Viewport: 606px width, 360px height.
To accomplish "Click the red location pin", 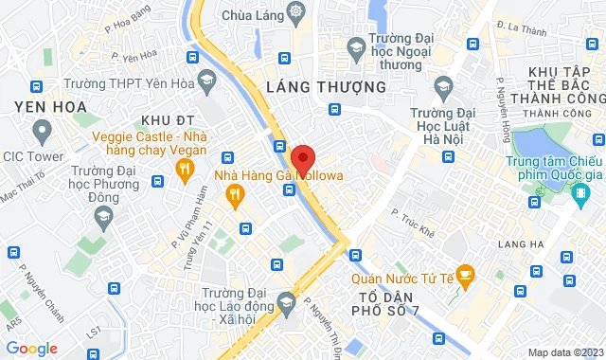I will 302,158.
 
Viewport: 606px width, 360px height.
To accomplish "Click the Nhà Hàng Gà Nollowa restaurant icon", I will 234,195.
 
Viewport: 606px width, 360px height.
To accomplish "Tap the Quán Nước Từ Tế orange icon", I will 464,277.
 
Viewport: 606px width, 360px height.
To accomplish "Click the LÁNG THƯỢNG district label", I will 326,87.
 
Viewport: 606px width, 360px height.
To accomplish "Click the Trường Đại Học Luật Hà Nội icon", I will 442,89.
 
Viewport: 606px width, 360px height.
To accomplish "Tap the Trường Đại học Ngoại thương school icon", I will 355,46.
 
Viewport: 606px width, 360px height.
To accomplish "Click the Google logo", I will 30,349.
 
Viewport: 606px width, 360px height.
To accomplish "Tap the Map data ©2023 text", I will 564,352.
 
